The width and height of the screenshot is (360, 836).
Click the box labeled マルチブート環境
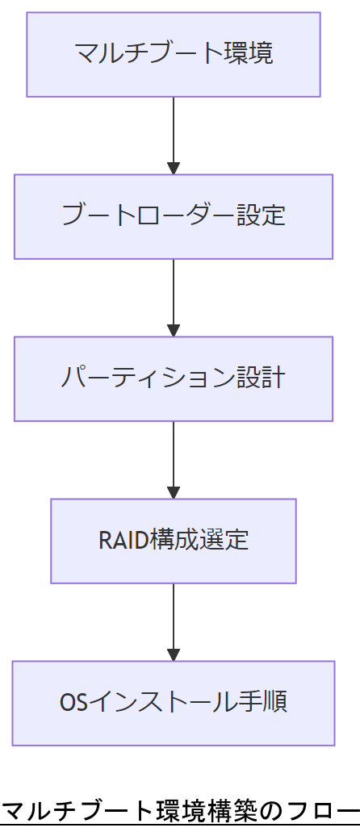pyautogui.click(x=173, y=54)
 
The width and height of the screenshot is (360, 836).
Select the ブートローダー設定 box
pyautogui.click(x=173, y=216)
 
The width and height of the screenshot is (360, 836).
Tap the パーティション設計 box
pyautogui.click(x=173, y=378)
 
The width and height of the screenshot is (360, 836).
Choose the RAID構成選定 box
pyautogui.click(x=173, y=541)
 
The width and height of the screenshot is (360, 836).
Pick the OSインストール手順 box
pyautogui.click(x=173, y=703)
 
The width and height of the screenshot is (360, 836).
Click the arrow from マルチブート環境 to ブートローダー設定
pyautogui.click(x=174, y=133)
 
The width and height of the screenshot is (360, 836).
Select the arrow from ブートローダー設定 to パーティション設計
pyautogui.click(x=174, y=295)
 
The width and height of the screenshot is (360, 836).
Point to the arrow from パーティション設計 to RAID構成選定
pyautogui.click(x=174, y=458)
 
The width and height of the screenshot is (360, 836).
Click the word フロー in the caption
pyautogui.click(x=324, y=810)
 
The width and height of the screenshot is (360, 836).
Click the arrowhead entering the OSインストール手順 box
pyautogui.click(x=174, y=654)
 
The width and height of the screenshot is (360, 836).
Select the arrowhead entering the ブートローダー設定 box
pyautogui.click(x=174, y=168)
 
